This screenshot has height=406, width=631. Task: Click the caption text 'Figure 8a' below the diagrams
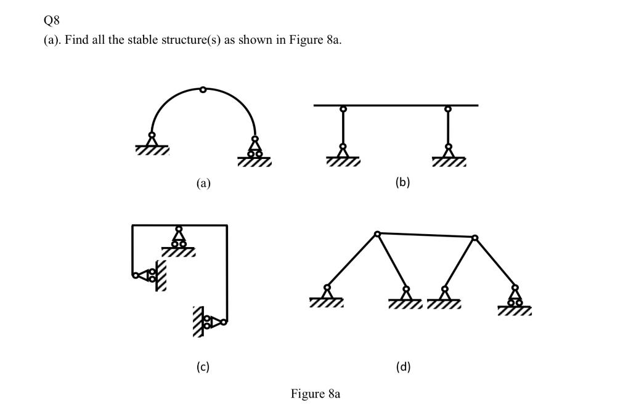(x=315, y=394)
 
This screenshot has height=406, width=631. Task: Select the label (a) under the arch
(x=203, y=183)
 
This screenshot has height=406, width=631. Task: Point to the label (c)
(x=203, y=367)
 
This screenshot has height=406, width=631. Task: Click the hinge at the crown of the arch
(x=203, y=90)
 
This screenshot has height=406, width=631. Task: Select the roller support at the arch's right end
(x=254, y=148)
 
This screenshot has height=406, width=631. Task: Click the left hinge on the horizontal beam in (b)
(x=343, y=109)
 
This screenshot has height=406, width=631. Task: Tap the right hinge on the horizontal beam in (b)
(x=448, y=109)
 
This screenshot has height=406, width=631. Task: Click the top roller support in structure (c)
(x=179, y=238)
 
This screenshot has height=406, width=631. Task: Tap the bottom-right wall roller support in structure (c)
(x=213, y=321)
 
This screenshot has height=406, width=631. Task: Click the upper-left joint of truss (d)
(x=377, y=233)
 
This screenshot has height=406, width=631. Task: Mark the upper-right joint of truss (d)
(x=474, y=237)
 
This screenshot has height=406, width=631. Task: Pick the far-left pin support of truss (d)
(x=327, y=292)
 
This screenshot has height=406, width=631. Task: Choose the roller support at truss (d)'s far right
(x=515, y=296)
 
